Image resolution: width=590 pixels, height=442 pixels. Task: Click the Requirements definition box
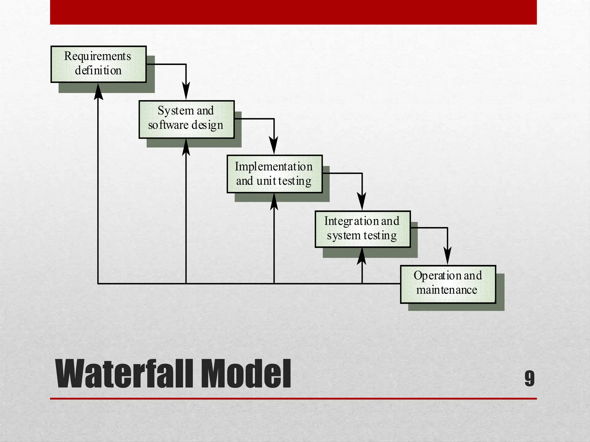tap(99, 64)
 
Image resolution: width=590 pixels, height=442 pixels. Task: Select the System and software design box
tap(186, 119)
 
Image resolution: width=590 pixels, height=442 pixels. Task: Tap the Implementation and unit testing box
tap(274, 174)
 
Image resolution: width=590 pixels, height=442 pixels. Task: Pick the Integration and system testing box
tap(362, 229)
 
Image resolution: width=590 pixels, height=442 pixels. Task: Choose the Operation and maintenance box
tap(448, 284)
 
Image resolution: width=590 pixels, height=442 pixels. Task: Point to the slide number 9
tap(530, 378)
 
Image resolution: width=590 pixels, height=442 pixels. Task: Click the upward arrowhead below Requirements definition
tap(99, 92)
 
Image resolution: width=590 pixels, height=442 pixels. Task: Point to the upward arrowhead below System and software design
tap(186, 147)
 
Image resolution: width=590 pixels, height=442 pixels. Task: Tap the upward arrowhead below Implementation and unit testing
tap(274, 202)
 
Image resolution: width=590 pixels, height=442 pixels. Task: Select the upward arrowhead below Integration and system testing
tap(362, 256)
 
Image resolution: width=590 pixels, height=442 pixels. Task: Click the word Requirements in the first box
tap(97, 56)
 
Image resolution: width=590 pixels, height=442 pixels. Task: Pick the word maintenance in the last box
tap(447, 290)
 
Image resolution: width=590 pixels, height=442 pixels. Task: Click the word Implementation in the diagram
tap(273, 167)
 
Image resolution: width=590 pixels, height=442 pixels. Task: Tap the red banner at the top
tap(293, 12)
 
